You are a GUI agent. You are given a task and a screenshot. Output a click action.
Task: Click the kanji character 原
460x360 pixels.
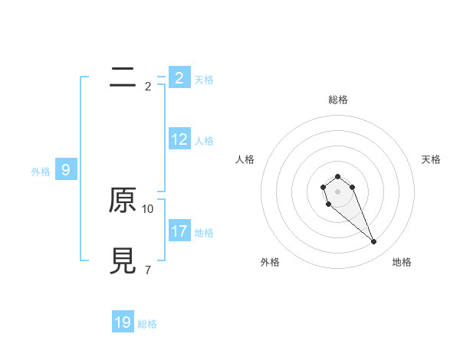[x=122, y=201]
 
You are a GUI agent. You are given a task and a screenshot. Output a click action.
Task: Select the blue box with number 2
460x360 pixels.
[x=179, y=77]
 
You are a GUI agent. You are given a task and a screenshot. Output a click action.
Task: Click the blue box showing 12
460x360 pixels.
[x=179, y=139]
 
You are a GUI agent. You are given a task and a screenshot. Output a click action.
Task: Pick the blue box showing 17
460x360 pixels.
[x=179, y=231]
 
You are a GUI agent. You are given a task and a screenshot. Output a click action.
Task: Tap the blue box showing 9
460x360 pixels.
[x=66, y=170]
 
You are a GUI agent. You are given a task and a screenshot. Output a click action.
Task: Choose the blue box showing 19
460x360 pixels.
[x=123, y=322]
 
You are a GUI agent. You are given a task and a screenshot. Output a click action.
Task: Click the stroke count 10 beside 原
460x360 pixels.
[x=148, y=208]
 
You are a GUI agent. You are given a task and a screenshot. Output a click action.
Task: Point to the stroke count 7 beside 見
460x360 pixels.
[x=147, y=270]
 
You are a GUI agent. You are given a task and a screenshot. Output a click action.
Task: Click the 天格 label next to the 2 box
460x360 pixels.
[x=204, y=79]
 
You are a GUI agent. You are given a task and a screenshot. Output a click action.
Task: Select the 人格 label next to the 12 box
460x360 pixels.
[x=204, y=141]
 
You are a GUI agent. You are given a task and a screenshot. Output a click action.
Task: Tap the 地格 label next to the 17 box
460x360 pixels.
[x=204, y=232]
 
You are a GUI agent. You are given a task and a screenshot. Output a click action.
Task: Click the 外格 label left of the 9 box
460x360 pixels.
[x=41, y=172]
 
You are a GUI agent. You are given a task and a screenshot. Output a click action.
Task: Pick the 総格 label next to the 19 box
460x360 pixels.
[x=147, y=324]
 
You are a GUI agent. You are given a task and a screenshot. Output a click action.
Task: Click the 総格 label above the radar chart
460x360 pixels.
[x=337, y=100]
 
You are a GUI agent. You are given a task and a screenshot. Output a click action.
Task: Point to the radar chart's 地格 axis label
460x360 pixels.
[x=402, y=262]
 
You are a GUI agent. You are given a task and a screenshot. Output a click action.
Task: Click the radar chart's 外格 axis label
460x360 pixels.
[x=270, y=262]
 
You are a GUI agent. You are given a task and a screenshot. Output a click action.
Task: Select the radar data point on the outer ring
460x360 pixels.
[x=373, y=242]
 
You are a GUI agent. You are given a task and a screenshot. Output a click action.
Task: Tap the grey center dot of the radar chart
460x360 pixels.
[x=337, y=191]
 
